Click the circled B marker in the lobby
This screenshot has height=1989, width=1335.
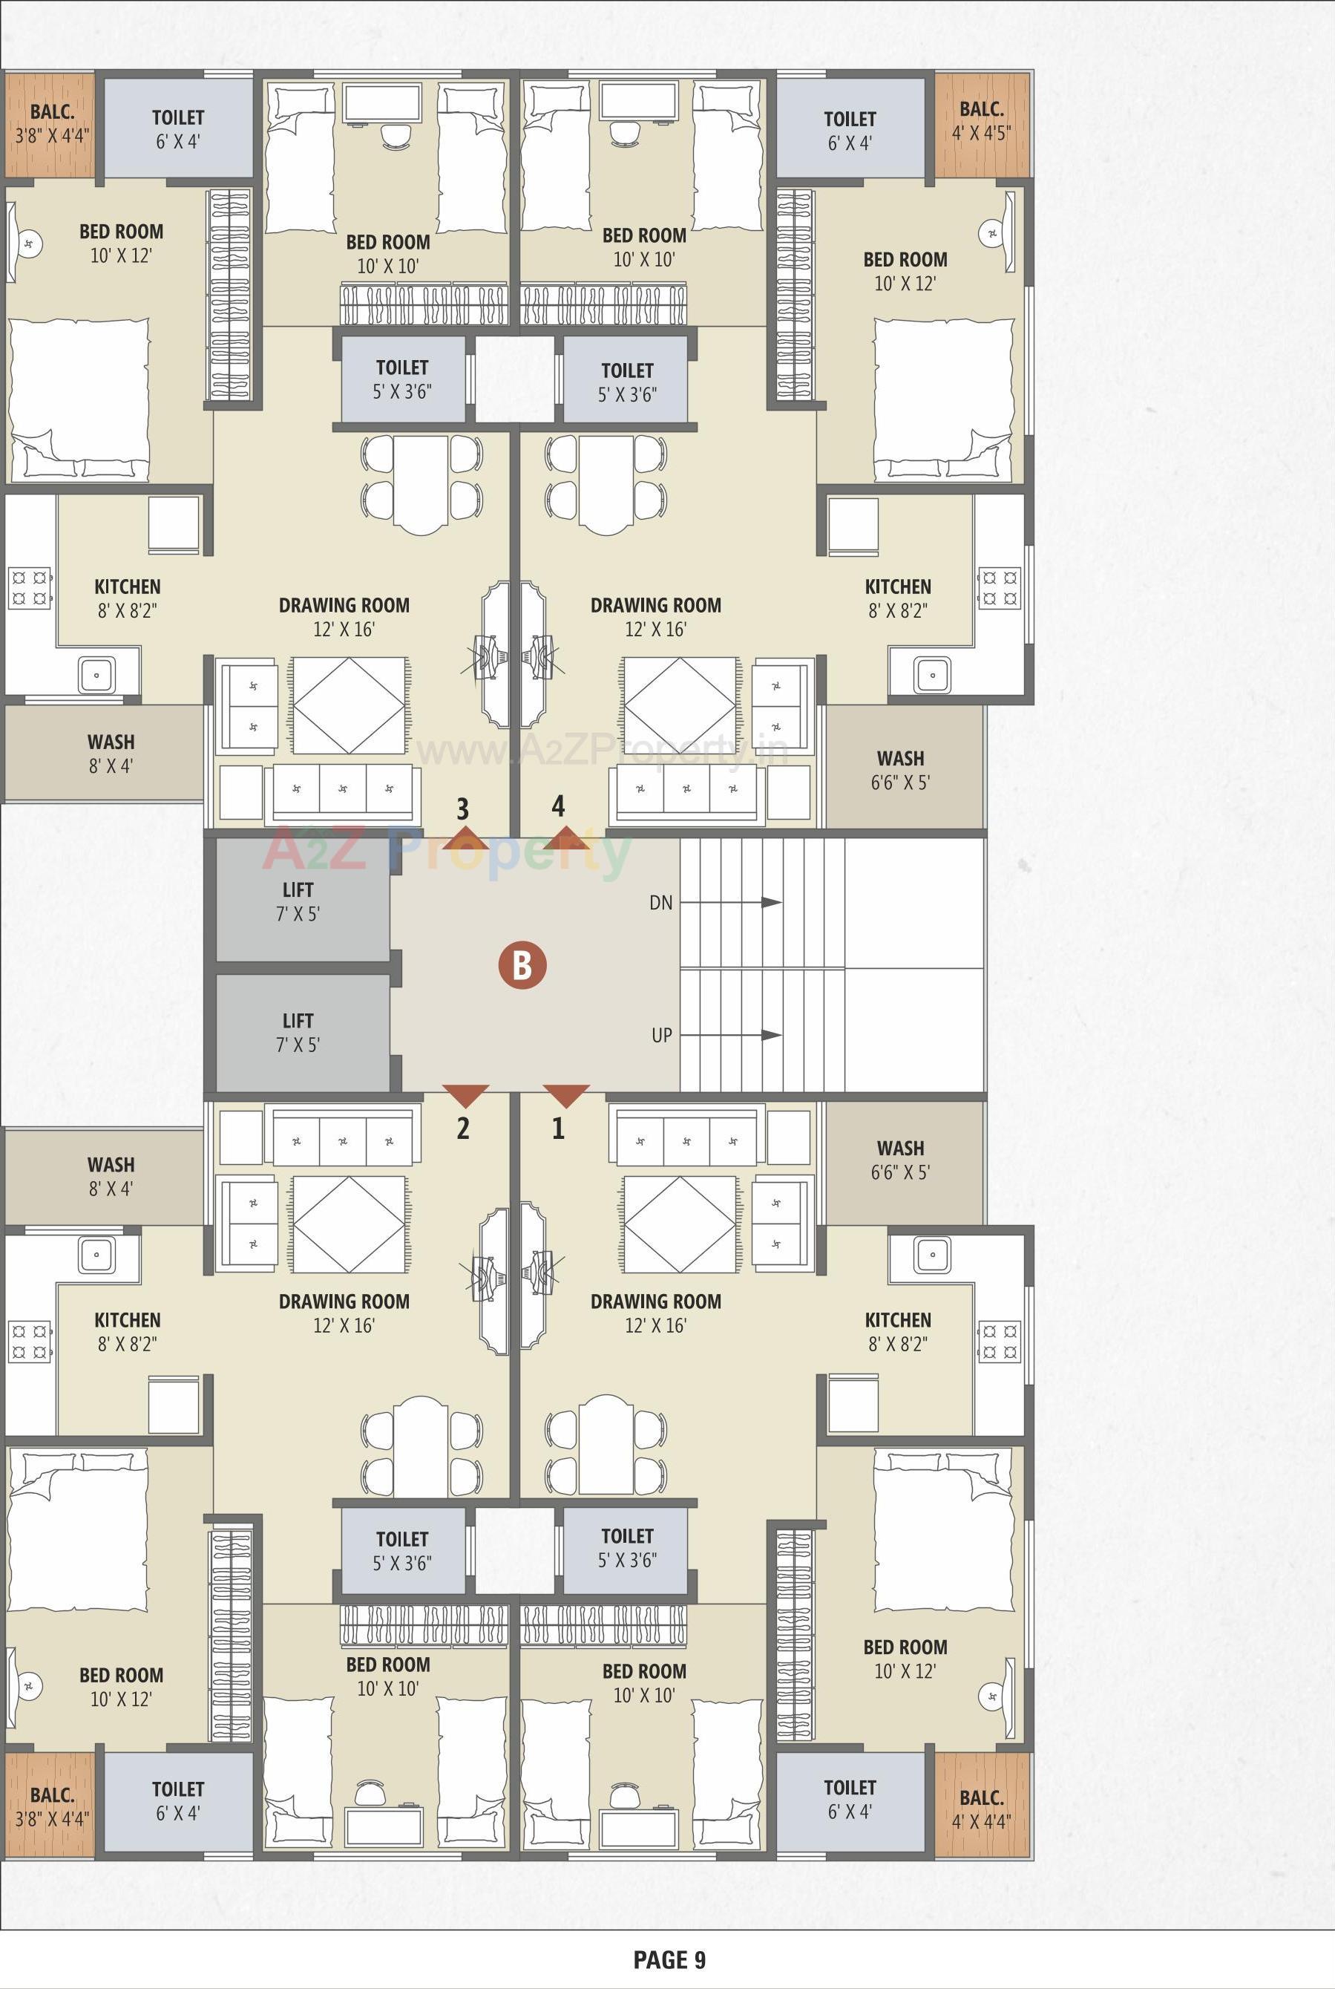(521, 966)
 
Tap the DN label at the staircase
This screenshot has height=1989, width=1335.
(660, 902)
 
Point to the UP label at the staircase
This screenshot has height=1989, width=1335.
(661, 1035)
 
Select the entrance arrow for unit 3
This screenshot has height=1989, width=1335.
(465, 837)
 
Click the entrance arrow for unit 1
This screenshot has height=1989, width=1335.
(566, 1095)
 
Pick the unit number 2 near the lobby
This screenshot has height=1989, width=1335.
(462, 1129)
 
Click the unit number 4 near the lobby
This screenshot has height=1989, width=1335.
(559, 805)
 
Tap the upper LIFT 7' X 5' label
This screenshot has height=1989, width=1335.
(298, 901)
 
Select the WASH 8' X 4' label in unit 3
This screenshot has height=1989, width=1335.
(111, 753)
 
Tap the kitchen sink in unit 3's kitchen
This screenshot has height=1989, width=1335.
(96, 675)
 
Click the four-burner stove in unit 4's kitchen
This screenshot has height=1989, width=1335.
(999, 588)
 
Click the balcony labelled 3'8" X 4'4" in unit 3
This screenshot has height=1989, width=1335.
(52, 123)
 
